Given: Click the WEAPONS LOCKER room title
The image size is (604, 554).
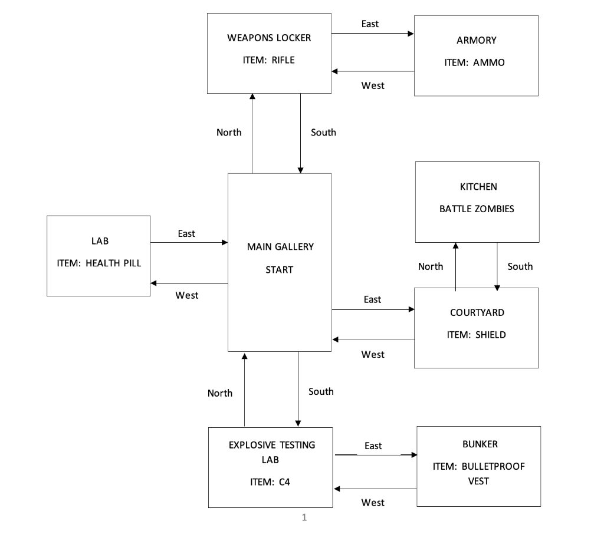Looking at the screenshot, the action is (x=269, y=38).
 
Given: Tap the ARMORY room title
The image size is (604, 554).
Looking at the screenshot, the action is (x=476, y=40).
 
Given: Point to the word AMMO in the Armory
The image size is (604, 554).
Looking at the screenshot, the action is (x=489, y=62).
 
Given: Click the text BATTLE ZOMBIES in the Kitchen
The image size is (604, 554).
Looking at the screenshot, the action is (x=477, y=209).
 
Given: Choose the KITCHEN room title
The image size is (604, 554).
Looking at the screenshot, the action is (x=478, y=187).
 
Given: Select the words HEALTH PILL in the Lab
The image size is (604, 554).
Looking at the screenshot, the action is (x=113, y=263).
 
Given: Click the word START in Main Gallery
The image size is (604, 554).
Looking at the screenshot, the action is (x=279, y=270).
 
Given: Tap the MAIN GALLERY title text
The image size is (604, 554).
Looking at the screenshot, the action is (x=280, y=247).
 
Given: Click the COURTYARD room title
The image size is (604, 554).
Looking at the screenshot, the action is (x=477, y=312).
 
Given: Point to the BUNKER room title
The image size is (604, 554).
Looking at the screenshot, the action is (x=480, y=444).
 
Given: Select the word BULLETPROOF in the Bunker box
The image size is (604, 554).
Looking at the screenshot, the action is (x=493, y=466).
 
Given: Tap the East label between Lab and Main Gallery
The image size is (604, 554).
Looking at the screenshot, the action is (x=186, y=234).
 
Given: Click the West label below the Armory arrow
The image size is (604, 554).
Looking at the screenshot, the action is (x=373, y=86).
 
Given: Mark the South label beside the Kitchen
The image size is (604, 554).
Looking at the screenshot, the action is (x=520, y=266).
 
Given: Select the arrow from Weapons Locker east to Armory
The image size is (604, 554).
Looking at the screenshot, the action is (x=372, y=34).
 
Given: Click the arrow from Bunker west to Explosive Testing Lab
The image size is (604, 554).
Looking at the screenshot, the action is (x=375, y=489).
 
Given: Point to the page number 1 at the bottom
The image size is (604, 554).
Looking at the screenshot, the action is (x=304, y=518).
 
